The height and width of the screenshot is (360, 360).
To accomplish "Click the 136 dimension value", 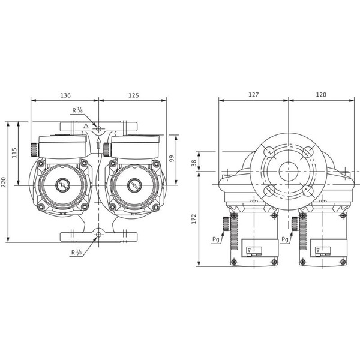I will pos(65,95).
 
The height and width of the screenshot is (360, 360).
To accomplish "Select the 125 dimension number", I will pos(133,95).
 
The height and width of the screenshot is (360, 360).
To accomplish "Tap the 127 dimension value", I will pos(253,95).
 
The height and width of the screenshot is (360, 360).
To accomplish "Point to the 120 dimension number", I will pos(321,95).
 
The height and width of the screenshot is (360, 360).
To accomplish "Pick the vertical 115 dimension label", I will pos(15,153).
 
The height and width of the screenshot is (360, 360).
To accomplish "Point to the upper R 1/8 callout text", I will pos(78,110).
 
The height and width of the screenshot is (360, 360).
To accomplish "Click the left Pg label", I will pos(215,238).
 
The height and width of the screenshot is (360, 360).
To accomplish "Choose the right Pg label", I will pos(284,238).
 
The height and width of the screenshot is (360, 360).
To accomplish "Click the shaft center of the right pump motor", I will pos(131,185).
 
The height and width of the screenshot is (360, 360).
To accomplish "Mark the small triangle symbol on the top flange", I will pos(86,127).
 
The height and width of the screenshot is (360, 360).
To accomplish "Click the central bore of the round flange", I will pos(289,171).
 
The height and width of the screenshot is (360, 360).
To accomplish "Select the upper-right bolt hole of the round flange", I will pos(308,151).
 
